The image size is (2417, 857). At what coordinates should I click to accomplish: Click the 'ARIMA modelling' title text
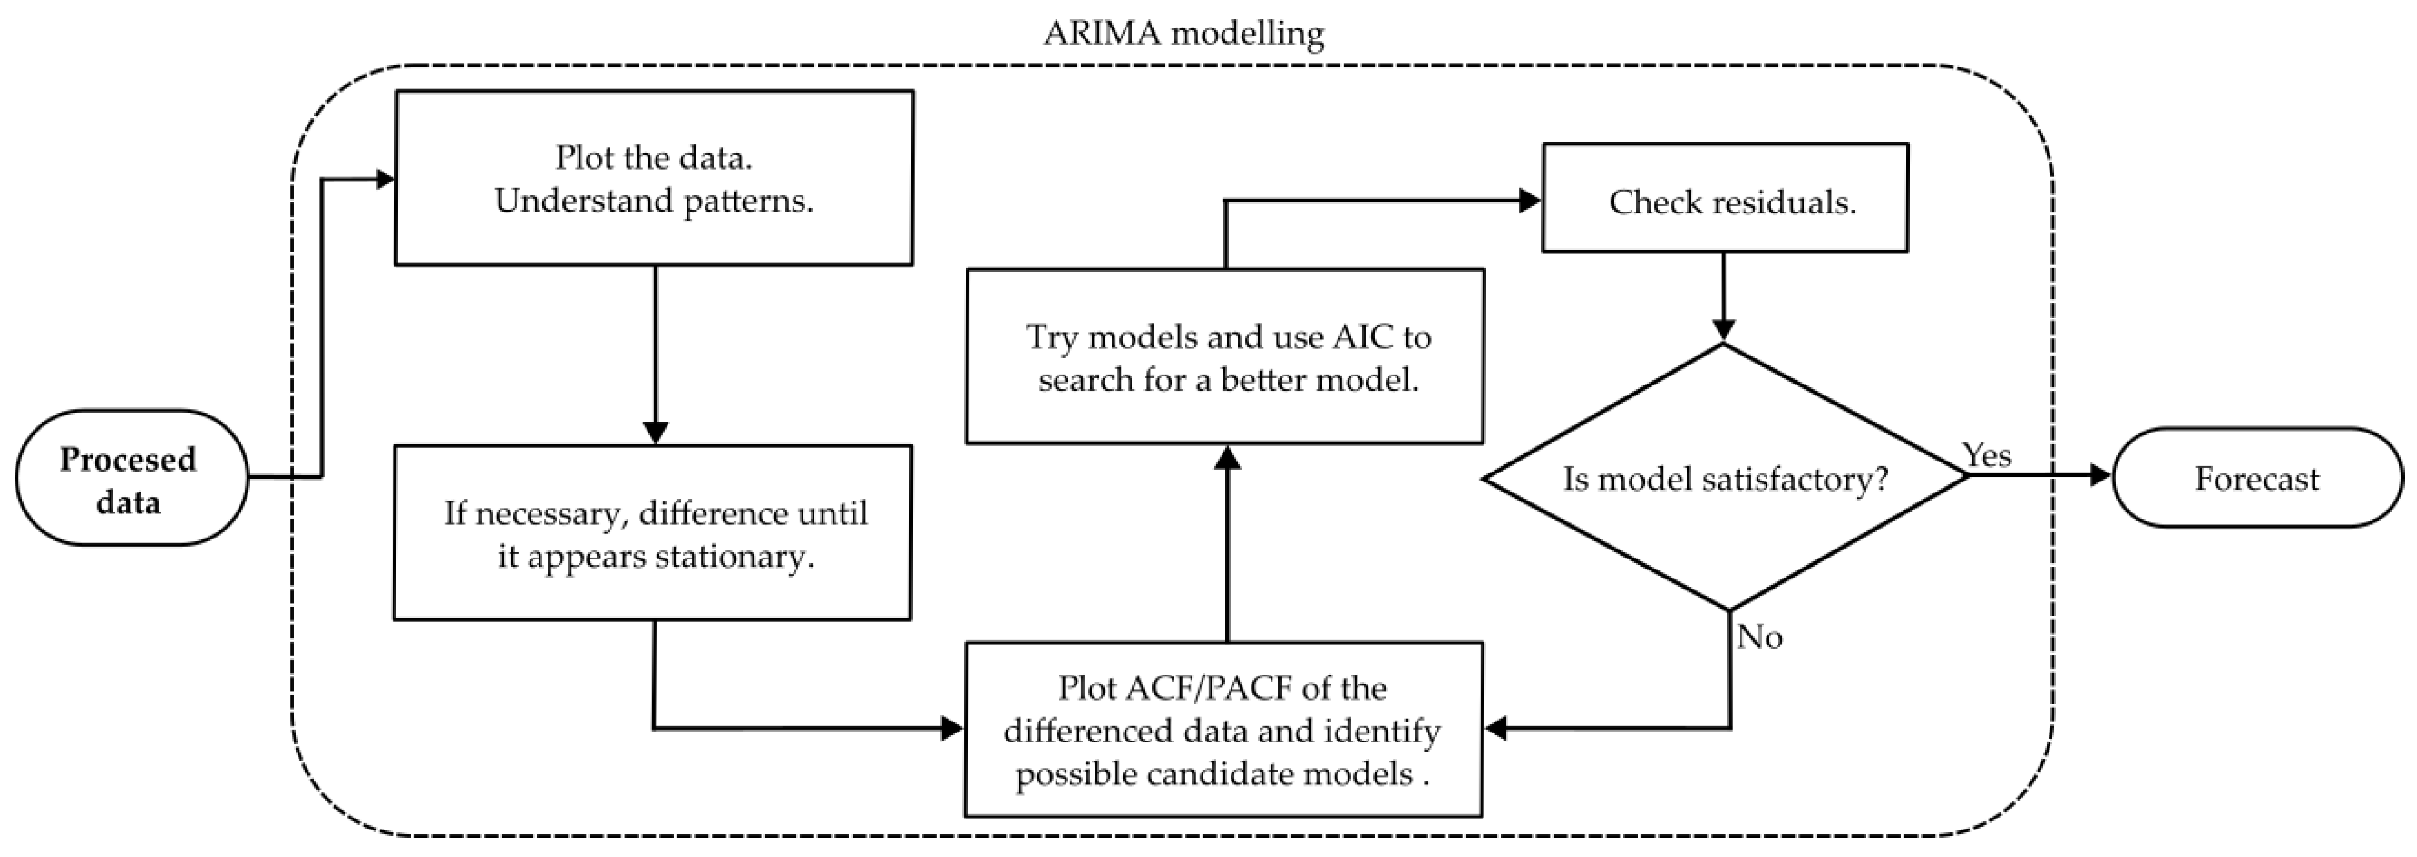(1183, 34)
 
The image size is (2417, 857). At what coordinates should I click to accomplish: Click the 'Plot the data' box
(653, 178)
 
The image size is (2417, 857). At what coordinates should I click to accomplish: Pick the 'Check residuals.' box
(1724, 198)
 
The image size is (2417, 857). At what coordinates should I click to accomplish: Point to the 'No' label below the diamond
(1759, 638)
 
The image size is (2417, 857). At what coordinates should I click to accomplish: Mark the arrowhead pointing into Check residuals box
(1529, 200)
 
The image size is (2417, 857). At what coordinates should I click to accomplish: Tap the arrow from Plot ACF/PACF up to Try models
(1226, 544)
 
